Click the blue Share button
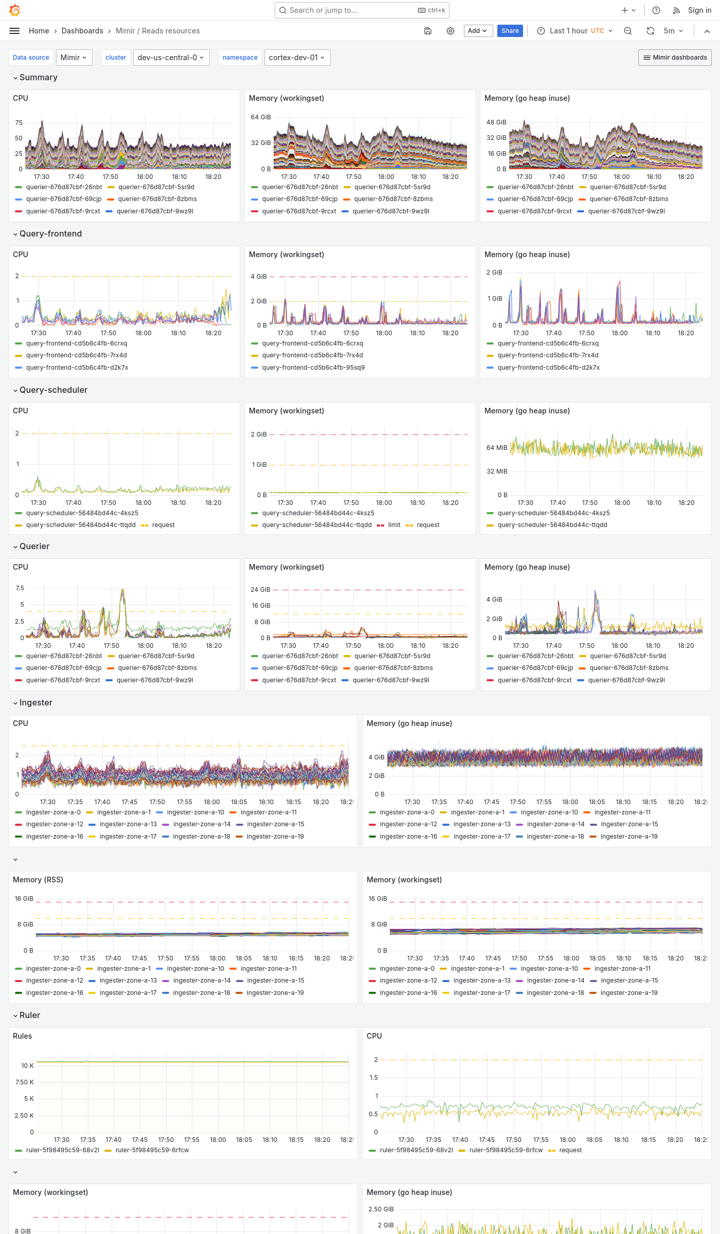tap(510, 31)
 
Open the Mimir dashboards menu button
tap(675, 58)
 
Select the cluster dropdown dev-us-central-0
tap(170, 58)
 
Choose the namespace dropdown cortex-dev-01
tap(297, 58)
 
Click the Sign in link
tap(699, 10)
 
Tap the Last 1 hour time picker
tap(575, 31)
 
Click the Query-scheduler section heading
tap(53, 390)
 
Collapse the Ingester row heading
tap(35, 702)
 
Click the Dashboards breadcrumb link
tap(82, 31)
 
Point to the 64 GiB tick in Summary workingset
tap(261, 117)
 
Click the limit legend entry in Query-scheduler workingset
tap(394, 525)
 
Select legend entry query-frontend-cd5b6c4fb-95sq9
tap(313, 368)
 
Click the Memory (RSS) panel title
tap(38, 880)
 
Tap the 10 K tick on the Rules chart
tap(27, 1066)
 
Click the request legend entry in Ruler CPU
tap(570, 1150)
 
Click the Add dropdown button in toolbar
tap(478, 31)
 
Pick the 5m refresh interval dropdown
tap(673, 31)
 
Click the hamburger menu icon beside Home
tap(14, 31)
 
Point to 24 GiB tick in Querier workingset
tap(260, 590)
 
